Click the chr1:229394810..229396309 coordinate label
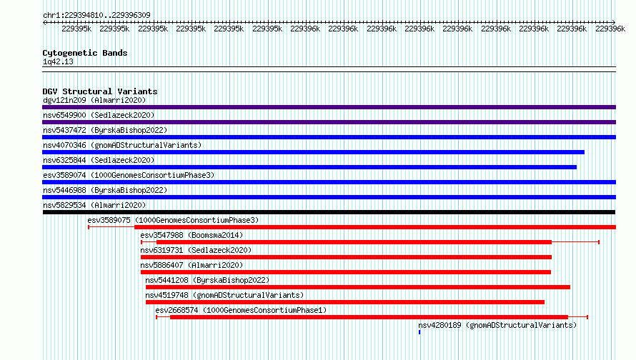(96, 15)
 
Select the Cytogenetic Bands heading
(85, 53)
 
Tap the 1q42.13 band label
(58, 61)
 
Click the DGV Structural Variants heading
(100, 91)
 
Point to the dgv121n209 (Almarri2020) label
(94, 100)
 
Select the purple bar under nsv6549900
(329, 122)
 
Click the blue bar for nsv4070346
(313, 152)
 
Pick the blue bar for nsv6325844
(309, 167)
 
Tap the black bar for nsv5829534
(329, 212)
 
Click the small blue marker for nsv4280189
(419, 332)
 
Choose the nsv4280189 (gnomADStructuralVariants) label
(497, 325)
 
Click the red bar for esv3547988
(354, 242)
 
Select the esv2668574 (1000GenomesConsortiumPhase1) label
(241, 310)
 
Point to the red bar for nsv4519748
(344, 302)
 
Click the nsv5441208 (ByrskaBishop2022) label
(207, 280)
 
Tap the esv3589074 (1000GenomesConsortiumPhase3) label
(129, 175)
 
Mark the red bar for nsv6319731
(346, 257)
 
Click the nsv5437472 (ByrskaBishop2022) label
(105, 130)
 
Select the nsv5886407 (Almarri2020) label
(192, 265)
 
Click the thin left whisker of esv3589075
(111, 227)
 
